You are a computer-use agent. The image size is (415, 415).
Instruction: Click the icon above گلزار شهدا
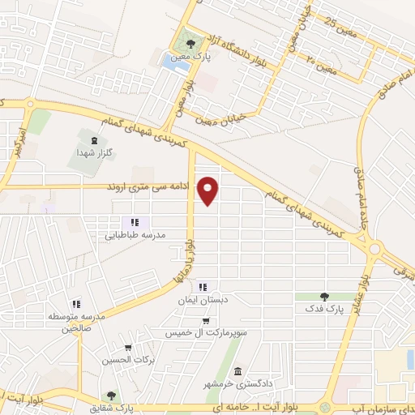pyautogui.click(x=96, y=142)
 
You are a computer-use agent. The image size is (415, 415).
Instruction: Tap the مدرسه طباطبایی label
pyautogui.click(x=135, y=235)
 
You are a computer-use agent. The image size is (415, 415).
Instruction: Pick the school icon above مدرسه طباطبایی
pyautogui.click(x=135, y=222)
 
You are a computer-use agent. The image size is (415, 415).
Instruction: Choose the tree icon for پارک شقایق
pyautogui.click(x=110, y=396)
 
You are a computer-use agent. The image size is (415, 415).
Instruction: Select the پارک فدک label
pyautogui.click(x=325, y=310)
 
